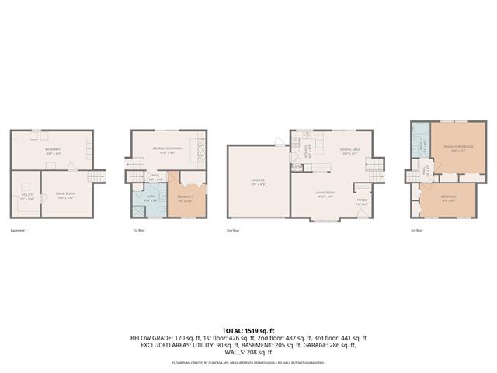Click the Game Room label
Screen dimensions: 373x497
pyautogui.click(x=64, y=194)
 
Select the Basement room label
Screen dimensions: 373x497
pyautogui.click(x=52, y=150)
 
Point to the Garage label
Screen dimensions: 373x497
pyautogui.click(x=258, y=182)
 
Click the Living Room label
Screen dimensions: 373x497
pyautogui.click(x=325, y=193)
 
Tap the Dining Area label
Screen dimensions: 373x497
pyautogui.click(x=349, y=150)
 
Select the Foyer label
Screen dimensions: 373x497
pyautogui.click(x=361, y=200)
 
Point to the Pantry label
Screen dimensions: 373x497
pyautogui.click(x=297, y=166)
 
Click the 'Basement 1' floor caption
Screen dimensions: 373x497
pyautogui.click(x=19, y=231)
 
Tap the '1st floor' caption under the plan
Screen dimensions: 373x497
pyautogui.click(x=139, y=231)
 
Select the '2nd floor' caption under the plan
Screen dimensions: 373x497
pyautogui.click(x=232, y=231)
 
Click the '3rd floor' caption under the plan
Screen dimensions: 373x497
pyautogui.click(x=417, y=231)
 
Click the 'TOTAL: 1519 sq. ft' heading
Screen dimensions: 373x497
pyautogui.click(x=248, y=330)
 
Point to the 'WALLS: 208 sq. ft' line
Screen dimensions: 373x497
pyautogui.click(x=248, y=353)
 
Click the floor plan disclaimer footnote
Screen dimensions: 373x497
pyautogui.click(x=248, y=362)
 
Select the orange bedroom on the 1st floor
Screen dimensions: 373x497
pyautogui.click(x=186, y=197)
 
